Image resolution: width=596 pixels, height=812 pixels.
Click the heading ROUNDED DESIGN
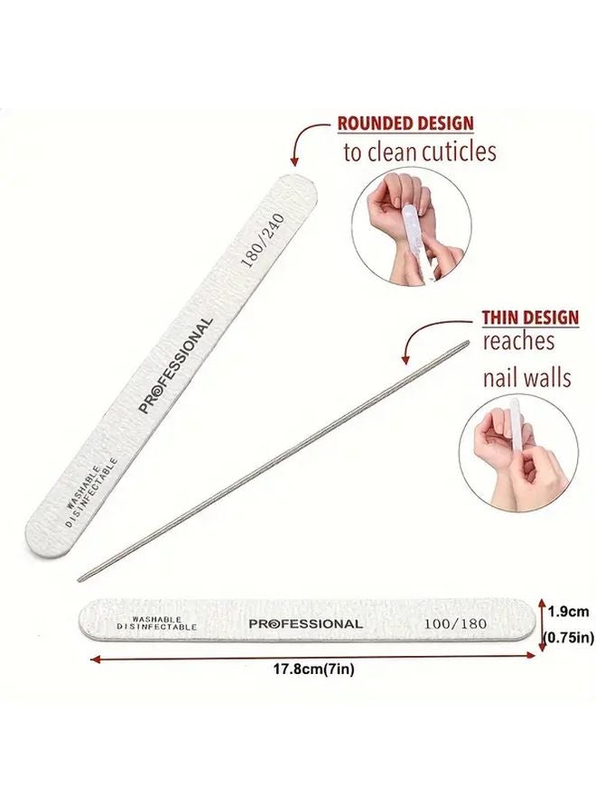[405, 124]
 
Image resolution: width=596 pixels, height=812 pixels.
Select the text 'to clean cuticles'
[419, 151]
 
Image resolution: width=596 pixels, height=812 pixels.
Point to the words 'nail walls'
[526, 376]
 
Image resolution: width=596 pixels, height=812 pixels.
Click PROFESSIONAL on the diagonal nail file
[176, 364]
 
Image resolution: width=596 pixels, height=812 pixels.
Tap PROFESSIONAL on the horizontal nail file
[305, 623]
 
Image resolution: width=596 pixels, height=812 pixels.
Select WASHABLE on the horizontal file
[156, 618]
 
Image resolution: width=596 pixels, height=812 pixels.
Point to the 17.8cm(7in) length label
[308, 671]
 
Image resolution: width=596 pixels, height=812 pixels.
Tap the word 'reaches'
[517, 342]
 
